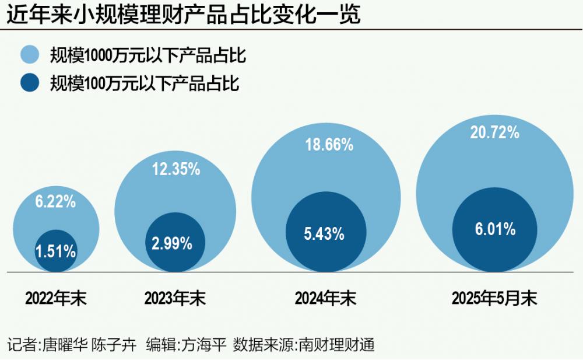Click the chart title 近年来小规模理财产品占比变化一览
183,15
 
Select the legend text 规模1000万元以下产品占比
147,55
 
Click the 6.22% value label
55,202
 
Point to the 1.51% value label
55,252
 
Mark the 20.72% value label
495,133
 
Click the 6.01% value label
495,229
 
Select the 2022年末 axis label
55,299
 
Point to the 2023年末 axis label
175,299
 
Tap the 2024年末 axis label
325,299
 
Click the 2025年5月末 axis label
494,299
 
